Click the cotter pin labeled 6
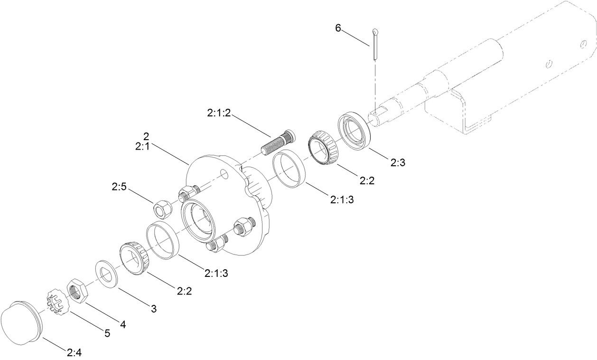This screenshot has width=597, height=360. pyautogui.click(x=375, y=45)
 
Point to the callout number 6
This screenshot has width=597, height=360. pyautogui.click(x=338, y=28)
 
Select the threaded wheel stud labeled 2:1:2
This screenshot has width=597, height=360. pyautogui.click(x=277, y=142)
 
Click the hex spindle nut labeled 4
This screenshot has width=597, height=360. pyautogui.click(x=77, y=291)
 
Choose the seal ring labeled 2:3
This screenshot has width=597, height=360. pyautogui.click(x=354, y=128)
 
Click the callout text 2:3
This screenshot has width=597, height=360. pyautogui.click(x=398, y=163)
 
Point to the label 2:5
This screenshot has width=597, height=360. pyautogui.click(x=119, y=188)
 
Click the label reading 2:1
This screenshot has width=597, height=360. pyautogui.click(x=142, y=147)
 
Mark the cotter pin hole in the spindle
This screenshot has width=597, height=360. pyautogui.click(x=375, y=113)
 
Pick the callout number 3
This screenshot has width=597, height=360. pyautogui.click(x=153, y=309)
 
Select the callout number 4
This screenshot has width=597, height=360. pyautogui.click(x=123, y=325)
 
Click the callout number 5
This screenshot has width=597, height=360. pyautogui.click(x=107, y=333)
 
